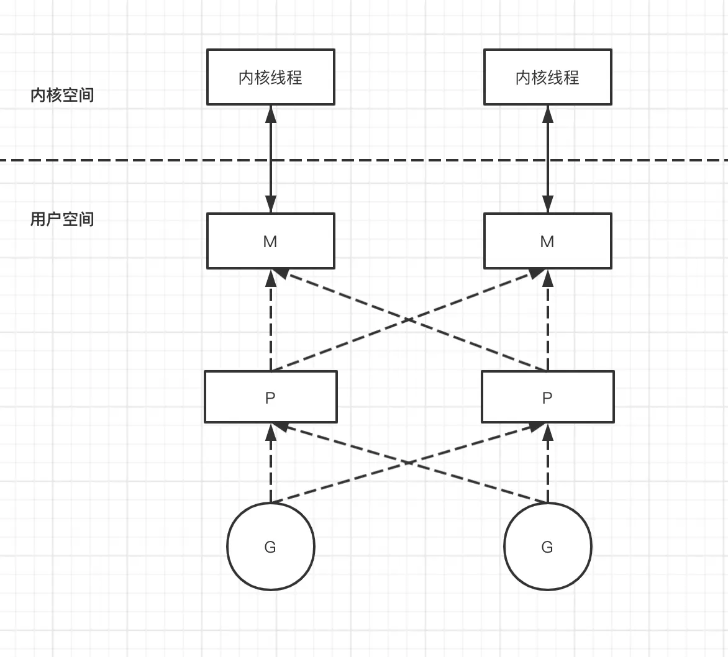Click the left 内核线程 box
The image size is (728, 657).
271,77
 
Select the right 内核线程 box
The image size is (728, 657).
547,77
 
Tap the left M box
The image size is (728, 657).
271,241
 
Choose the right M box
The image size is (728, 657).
547,241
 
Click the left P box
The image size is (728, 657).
271,397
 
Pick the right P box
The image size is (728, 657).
547,397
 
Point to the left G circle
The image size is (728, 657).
271,546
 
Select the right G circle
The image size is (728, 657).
547,546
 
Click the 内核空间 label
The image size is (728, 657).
62,95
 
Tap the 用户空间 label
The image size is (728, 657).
62,219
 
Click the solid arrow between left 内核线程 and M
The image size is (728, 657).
271,159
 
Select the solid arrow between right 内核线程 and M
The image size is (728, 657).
547,159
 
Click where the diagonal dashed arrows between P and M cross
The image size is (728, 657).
409,320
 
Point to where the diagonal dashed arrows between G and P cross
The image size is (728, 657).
409,462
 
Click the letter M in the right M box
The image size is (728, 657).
547,242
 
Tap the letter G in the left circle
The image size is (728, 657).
270,547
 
